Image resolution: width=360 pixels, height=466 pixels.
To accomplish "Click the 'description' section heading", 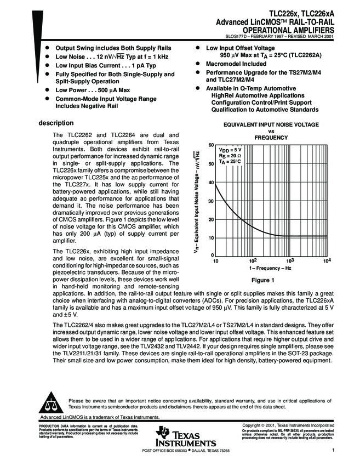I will [56, 122].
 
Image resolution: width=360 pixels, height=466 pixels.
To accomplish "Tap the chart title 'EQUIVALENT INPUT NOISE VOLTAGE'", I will [271, 125].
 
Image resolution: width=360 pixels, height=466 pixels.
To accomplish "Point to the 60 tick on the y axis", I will [210, 145].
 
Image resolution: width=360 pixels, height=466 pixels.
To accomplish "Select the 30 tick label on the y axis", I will [210, 201].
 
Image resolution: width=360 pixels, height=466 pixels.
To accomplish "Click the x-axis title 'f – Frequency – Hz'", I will [270, 270].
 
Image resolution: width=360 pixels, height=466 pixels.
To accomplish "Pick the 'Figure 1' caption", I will [262, 280].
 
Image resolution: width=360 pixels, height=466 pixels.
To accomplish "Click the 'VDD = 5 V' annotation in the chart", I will [230, 150].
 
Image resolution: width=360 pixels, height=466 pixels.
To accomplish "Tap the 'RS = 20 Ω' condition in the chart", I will [230, 156].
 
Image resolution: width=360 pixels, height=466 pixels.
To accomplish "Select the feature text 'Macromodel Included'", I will [236, 64].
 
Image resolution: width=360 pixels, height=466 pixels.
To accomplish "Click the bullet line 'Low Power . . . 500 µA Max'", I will [92, 89].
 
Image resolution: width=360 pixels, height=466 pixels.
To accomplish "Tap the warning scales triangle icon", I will [53, 404].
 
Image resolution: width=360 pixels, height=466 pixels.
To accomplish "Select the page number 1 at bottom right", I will [333, 450].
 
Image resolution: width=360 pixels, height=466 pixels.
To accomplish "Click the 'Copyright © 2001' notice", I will [288, 425].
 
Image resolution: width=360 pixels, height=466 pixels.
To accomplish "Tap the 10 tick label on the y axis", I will [210, 238].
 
